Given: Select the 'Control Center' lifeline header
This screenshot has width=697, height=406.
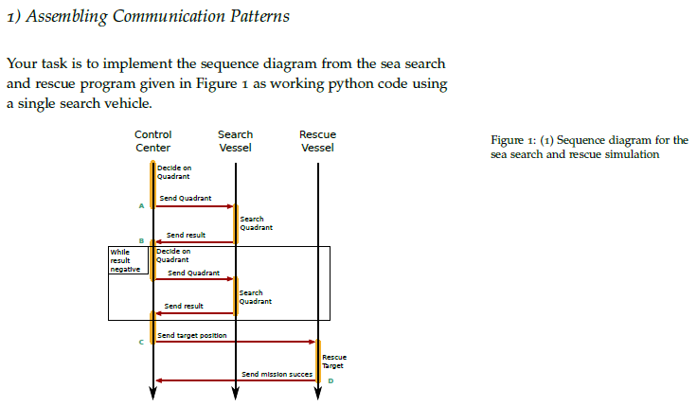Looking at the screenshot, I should point(152,141).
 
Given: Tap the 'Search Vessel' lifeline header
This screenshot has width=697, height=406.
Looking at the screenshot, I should point(235,141).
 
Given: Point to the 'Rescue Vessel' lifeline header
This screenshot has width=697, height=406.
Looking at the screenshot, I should point(317,141).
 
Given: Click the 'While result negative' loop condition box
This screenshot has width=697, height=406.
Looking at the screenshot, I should point(127,260).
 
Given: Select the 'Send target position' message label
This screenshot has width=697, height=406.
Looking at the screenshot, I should point(191,336).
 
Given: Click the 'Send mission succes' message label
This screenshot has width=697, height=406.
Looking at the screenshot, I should point(277,374).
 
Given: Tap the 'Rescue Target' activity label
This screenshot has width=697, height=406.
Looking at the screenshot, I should point(333,361).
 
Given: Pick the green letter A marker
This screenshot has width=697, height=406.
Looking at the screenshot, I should point(140,205).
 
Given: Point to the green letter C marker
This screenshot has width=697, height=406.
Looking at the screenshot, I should point(140,342).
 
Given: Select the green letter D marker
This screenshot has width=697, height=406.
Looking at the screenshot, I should point(330,380).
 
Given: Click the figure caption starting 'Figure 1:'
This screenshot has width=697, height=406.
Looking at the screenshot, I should point(589,147).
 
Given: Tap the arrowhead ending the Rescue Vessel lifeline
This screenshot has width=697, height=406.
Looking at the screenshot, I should point(317,396).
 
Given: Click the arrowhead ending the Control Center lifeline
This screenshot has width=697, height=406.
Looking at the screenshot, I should point(152,396).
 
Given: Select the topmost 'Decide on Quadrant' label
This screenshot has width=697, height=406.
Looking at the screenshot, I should point(173,172).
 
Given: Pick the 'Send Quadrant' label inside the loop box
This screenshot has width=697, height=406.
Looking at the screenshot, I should point(192,274).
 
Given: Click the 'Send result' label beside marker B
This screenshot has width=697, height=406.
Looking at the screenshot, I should point(186,235).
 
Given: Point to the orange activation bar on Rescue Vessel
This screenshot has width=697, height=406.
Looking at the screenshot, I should point(318,361).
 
